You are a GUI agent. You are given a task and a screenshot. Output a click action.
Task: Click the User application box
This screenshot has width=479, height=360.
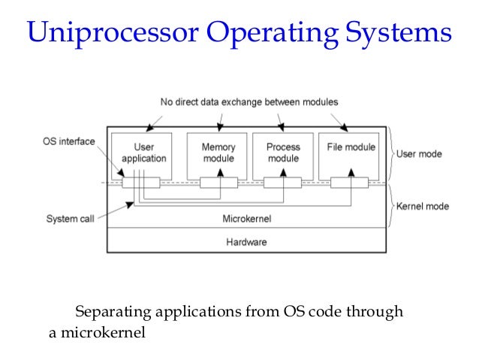[x=143, y=153]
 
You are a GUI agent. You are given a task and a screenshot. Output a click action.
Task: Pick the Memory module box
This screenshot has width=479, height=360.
[x=218, y=153]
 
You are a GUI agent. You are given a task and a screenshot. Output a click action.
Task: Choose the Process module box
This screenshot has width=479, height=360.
[x=283, y=153]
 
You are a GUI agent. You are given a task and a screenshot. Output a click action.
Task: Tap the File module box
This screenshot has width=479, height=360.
[x=351, y=153]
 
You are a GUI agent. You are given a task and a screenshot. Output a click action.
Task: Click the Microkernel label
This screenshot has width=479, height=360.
[x=246, y=219]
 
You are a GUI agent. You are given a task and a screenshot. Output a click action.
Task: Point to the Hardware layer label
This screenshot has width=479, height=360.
[x=246, y=242]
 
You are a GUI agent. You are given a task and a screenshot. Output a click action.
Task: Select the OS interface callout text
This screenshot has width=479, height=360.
[x=68, y=141]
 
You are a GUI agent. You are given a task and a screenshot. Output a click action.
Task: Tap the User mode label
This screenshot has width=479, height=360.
[x=418, y=154]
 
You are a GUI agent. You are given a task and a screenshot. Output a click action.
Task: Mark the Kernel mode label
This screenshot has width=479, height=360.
[x=421, y=205]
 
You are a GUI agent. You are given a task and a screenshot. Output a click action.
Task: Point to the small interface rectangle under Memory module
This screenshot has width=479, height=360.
[x=218, y=183]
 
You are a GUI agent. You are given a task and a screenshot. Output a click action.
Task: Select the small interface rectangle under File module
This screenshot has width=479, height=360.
[x=350, y=183]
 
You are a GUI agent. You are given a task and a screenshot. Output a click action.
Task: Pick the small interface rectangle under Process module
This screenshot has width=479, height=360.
[x=284, y=183]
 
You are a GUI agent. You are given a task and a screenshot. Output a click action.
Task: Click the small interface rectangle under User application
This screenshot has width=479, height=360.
[x=141, y=183]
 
